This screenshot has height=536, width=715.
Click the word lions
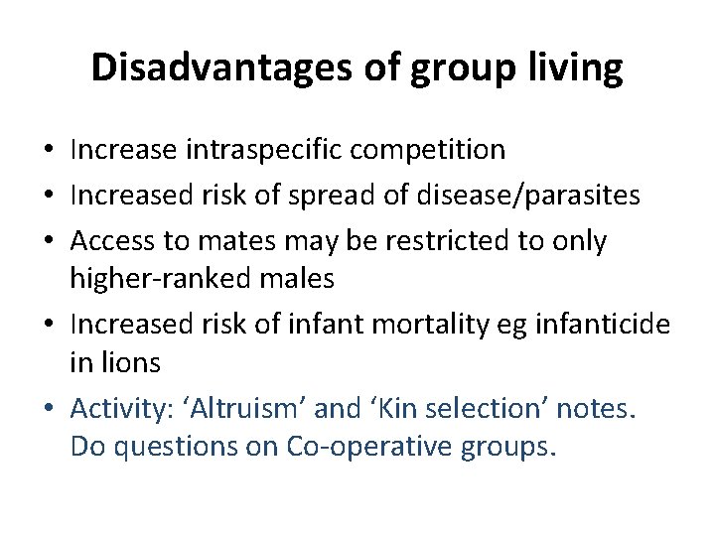pyautogui.click(x=129, y=363)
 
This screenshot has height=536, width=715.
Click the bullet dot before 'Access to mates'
pyautogui.click(x=48, y=242)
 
